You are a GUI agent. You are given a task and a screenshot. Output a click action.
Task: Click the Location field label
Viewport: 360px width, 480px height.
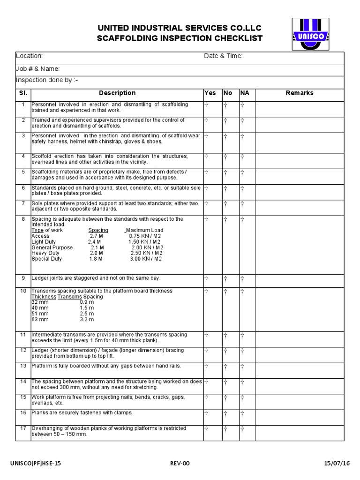click(x=30, y=56)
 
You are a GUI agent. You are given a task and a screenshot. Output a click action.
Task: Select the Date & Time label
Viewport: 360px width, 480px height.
click(x=223, y=56)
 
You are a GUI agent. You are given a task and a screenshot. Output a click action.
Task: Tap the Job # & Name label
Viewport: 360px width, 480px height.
click(x=38, y=69)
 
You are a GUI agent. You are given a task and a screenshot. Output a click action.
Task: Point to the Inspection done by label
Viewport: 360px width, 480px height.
click(x=47, y=80)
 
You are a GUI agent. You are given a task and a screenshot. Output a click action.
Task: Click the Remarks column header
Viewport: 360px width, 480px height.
click(x=300, y=93)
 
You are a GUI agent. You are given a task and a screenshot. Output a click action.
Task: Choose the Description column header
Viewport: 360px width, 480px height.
click(x=117, y=93)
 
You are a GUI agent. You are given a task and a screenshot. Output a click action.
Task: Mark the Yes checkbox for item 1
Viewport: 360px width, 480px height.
click(x=206, y=105)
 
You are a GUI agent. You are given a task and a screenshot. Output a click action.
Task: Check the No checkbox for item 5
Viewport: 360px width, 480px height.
click(x=225, y=172)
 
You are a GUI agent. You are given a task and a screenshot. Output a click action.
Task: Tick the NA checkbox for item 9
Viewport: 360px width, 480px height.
click(x=242, y=278)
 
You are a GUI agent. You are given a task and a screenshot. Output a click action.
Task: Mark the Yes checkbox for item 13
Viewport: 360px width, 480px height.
click(x=206, y=366)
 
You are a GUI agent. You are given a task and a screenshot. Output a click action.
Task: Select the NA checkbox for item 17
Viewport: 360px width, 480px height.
click(x=242, y=429)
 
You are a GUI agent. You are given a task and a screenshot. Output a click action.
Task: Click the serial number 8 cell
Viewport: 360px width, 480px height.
click(x=23, y=219)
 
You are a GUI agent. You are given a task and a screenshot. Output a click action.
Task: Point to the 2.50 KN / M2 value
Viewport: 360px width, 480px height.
click(x=146, y=253)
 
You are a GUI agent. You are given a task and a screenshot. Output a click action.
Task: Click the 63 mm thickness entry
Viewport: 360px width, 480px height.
click(x=40, y=320)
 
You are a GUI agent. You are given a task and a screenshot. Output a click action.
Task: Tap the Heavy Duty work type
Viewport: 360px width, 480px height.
click(x=45, y=253)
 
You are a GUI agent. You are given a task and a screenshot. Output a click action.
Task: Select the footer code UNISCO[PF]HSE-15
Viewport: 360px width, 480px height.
click(x=36, y=464)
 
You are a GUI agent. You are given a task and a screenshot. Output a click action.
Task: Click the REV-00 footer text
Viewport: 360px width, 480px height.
click(x=180, y=464)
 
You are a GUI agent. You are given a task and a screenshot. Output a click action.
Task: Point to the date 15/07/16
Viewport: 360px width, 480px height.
click(x=337, y=464)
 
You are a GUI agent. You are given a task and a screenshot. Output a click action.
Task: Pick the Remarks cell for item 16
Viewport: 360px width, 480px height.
click(x=300, y=417)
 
